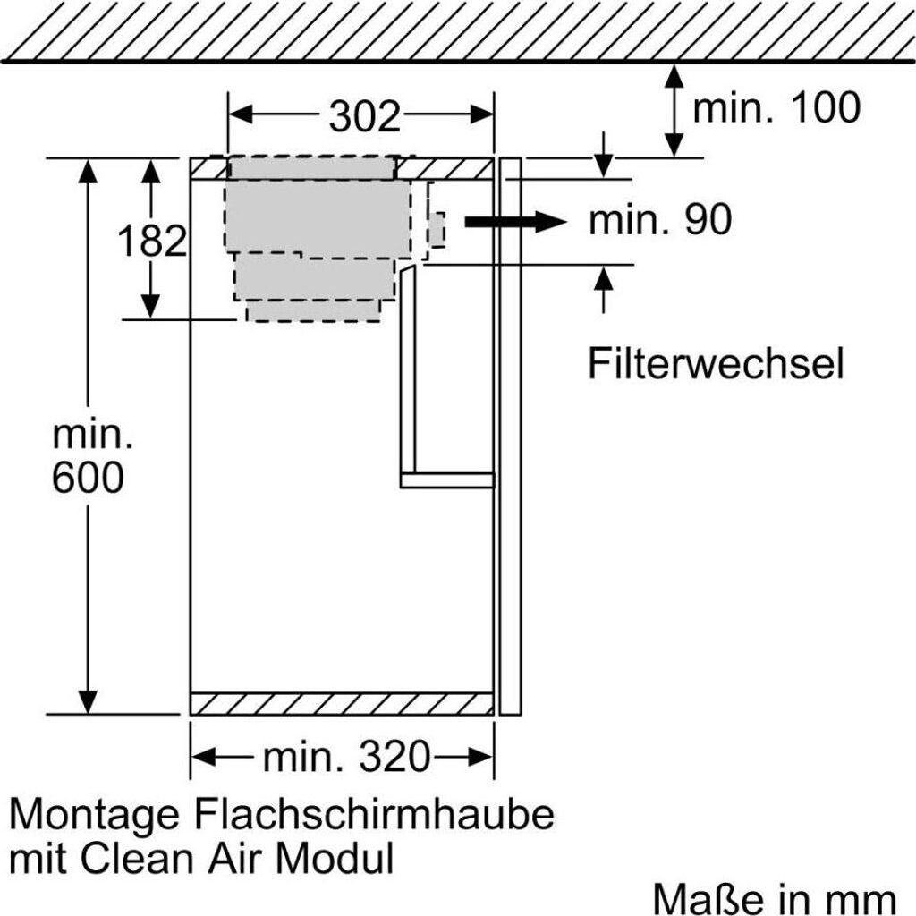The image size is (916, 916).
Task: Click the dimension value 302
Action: pyautogui.click(x=365, y=116)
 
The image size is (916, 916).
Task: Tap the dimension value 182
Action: pyautogui.click(x=152, y=240)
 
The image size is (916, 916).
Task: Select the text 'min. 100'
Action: pyautogui.click(x=776, y=107)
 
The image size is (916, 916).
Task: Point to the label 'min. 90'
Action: pyautogui.click(x=660, y=220)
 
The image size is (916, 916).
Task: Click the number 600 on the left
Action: pyautogui.click(x=88, y=478)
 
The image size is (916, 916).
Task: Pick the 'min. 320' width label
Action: pyautogui.click(x=346, y=757)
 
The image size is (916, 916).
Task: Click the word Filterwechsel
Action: pyautogui.click(x=716, y=363)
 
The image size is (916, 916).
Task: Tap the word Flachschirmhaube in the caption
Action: pyautogui.click(x=374, y=814)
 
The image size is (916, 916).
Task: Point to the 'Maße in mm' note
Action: pyautogui.click(x=774, y=899)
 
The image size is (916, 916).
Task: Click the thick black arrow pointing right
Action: pyautogui.click(x=515, y=222)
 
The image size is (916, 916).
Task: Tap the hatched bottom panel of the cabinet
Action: pyautogui.click(x=342, y=704)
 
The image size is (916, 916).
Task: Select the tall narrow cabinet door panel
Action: pyautogui.click(x=511, y=436)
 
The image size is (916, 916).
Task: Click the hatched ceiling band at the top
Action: pyautogui.click(x=458, y=30)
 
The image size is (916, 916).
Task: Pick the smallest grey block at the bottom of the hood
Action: pyautogui.click(x=314, y=310)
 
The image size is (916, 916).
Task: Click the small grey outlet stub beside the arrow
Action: pyautogui.click(x=437, y=229)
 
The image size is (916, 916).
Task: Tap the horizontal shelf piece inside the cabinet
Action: pyautogui.click(x=447, y=480)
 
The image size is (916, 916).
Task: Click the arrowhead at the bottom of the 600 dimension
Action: pyautogui.click(x=88, y=703)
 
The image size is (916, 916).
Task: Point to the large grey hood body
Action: pyautogui.click(x=318, y=218)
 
